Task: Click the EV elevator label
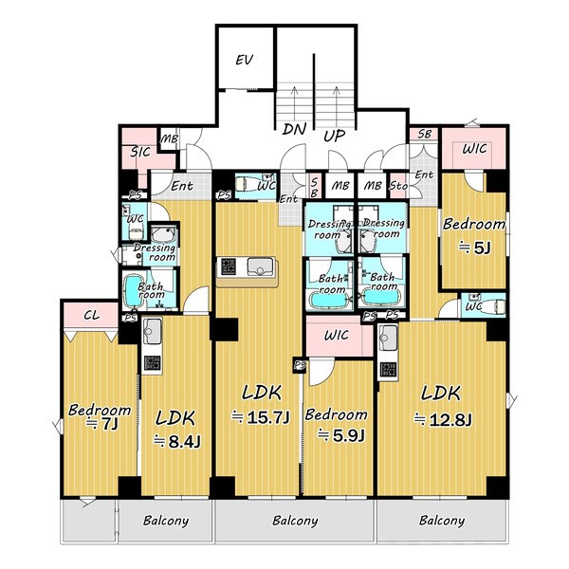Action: pos(245,60)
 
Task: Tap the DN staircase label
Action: pos(294,129)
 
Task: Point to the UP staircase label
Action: pos(334,136)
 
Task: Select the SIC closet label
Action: pos(140,152)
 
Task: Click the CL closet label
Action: pos(91,315)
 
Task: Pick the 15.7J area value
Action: pos(268,417)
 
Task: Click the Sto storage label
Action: pos(398,186)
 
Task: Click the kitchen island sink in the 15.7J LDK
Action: pos(260,266)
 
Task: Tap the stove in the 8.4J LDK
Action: pos(152,364)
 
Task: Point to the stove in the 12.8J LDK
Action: pos(388,370)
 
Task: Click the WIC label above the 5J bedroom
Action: pos(474,149)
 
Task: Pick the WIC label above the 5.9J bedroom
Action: pos(337,335)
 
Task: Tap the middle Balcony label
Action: pos(295,521)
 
